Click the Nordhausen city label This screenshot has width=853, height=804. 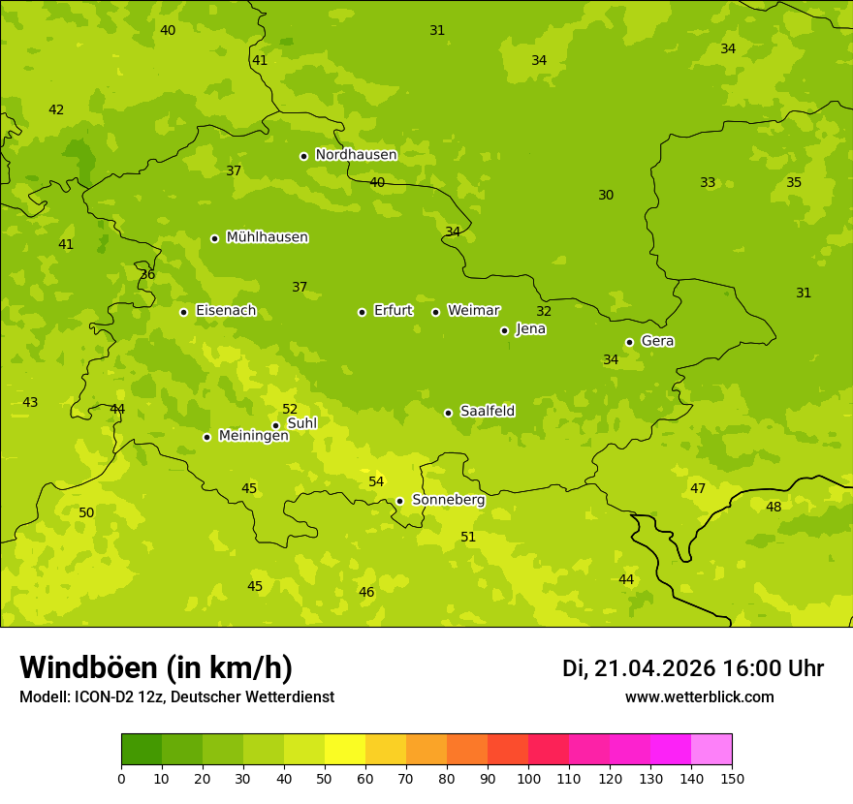click(x=356, y=155)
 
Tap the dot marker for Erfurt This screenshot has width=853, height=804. click(x=362, y=312)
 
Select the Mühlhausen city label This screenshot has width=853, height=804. click(x=267, y=237)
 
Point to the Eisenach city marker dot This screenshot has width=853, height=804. click(x=183, y=312)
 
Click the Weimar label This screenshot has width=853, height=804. click(x=473, y=311)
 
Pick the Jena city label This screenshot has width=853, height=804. click(x=530, y=329)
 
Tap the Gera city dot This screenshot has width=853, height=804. click(x=629, y=342)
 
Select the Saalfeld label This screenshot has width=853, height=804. click(x=487, y=412)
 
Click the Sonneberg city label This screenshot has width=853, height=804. click(x=448, y=500)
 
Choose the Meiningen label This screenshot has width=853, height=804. click(x=253, y=436)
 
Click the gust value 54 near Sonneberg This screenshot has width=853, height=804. click(x=376, y=482)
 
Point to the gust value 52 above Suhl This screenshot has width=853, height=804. click(x=290, y=410)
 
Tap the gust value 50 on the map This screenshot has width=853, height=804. click(x=86, y=513)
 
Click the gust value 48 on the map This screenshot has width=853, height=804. click(x=774, y=508)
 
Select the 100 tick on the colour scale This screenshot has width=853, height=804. click(x=528, y=778)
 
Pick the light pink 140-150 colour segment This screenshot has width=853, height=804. click(x=711, y=750)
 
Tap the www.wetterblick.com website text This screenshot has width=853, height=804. click(x=699, y=697)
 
